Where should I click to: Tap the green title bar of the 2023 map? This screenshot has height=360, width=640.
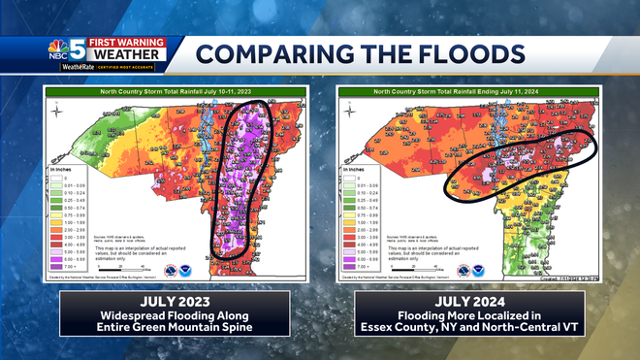coord(175,90)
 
